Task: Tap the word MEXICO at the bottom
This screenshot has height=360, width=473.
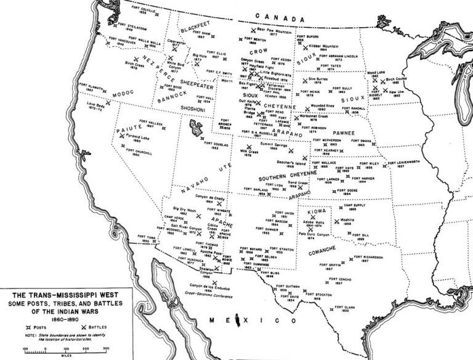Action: coord(246,321)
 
